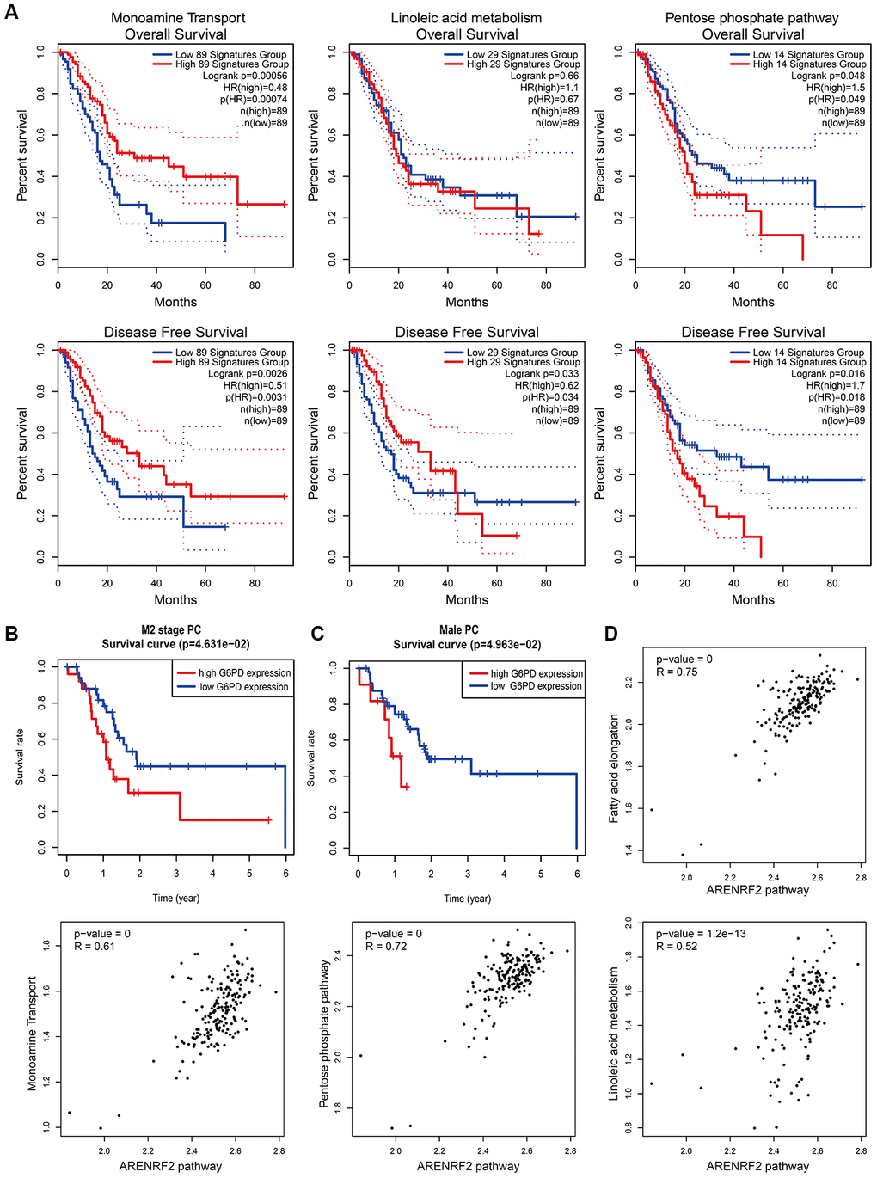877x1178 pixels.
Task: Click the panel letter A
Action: pyautogui.click(x=11, y=14)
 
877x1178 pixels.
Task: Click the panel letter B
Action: pyautogui.click(x=11, y=634)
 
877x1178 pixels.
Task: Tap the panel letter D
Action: pyautogui.click(x=611, y=634)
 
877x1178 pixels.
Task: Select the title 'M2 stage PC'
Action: pyautogui.click(x=171, y=630)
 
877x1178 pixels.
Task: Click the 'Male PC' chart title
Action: pyautogui.click(x=459, y=630)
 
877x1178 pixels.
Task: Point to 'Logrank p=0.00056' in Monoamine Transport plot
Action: pyautogui.click(x=244, y=76)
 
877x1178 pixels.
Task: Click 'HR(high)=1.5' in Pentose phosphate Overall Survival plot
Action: pyautogui.click(x=835, y=88)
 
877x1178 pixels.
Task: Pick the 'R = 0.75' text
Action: pyautogui.click(x=677, y=672)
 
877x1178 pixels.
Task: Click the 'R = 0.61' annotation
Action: pyautogui.click(x=95, y=946)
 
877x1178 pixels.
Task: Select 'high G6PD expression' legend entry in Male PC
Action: pyautogui.click(x=537, y=673)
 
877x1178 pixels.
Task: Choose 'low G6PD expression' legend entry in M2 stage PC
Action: pyautogui.click(x=244, y=687)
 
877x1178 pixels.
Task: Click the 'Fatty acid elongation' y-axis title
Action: pyautogui.click(x=614, y=769)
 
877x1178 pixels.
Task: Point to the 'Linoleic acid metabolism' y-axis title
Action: pyautogui.click(x=614, y=1032)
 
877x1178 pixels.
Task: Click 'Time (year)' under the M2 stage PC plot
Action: pyautogui.click(x=175, y=898)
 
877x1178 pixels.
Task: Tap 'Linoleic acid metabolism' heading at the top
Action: pyautogui.click(x=466, y=18)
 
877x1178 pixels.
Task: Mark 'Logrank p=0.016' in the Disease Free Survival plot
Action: pyautogui.click(x=827, y=374)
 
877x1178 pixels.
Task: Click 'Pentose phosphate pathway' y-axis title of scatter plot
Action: pyautogui.click(x=324, y=1033)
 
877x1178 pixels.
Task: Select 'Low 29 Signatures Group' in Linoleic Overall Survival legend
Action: pyautogui.click(x=522, y=54)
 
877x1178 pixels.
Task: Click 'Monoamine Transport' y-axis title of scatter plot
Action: pyautogui.click(x=32, y=1033)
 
